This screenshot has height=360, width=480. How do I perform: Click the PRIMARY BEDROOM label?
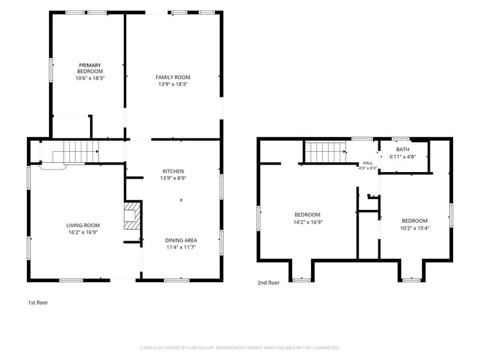(x=90, y=69)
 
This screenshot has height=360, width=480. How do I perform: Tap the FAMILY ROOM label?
(x=173, y=77)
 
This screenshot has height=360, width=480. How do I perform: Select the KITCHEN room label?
(x=173, y=171)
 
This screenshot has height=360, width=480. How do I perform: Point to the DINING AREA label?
(x=181, y=241)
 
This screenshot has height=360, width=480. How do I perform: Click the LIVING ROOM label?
(x=83, y=225)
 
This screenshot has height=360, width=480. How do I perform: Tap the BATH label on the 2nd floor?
(x=403, y=149)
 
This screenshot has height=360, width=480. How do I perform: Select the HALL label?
(x=367, y=163)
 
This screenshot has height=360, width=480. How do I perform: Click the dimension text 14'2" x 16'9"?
(x=308, y=222)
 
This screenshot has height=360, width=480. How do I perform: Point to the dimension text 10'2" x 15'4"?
(x=415, y=228)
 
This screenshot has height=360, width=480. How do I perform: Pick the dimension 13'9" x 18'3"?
(x=173, y=84)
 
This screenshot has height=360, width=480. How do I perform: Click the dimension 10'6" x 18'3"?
(x=90, y=78)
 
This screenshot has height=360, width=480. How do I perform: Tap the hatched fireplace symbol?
(x=132, y=216)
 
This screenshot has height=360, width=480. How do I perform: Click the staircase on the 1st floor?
(x=76, y=152)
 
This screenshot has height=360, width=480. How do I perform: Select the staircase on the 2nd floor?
(x=326, y=152)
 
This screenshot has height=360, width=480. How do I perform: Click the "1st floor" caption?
(x=38, y=302)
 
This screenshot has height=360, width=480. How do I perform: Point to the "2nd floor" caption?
(x=268, y=283)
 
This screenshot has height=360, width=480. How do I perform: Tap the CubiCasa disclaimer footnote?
(x=240, y=348)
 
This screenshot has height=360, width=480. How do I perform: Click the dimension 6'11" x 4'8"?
(x=403, y=157)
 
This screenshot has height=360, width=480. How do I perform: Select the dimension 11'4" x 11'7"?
(x=181, y=247)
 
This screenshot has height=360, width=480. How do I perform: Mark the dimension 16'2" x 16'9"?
(x=83, y=233)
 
